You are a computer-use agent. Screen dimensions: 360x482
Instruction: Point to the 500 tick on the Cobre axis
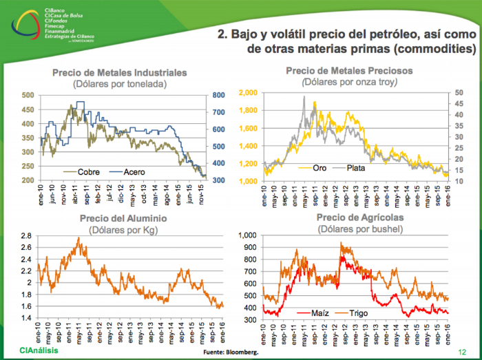28,95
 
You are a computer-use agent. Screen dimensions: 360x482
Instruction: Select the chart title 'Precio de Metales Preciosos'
349,71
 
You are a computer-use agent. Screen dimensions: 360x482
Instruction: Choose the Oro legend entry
319,167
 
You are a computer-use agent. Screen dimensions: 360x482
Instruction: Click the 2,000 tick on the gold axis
247,92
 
